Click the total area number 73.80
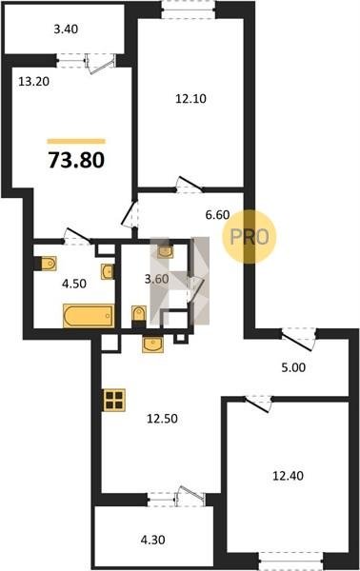[76, 160]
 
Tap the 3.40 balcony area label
[66, 30]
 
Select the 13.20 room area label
[34, 82]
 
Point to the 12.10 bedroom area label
[190, 98]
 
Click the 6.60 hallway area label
[217, 215]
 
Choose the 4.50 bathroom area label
[74, 284]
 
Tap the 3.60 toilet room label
[157, 279]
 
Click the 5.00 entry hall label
[293, 367]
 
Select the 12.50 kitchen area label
[162, 419]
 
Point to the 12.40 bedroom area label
[289, 476]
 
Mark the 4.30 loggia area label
[152, 540]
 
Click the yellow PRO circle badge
[250, 237]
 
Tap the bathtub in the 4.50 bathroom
[89, 315]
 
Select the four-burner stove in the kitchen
[114, 400]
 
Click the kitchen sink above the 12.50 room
[153, 345]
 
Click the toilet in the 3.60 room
[138, 313]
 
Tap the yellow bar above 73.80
[76, 141]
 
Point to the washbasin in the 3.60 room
[165, 251]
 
